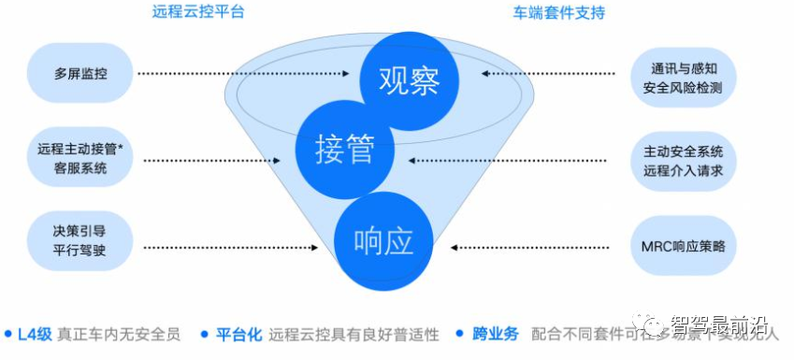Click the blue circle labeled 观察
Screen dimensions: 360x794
click(409, 81)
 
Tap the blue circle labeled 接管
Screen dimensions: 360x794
click(344, 150)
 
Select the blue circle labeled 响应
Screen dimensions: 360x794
click(383, 241)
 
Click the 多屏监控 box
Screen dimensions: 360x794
click(80, 73)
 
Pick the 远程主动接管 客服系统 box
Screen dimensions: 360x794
click(80, 158)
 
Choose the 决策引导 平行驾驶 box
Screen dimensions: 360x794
click(80, 239)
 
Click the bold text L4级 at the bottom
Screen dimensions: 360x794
click(33, 334)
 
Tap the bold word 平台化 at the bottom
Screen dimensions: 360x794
click(238, 334)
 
